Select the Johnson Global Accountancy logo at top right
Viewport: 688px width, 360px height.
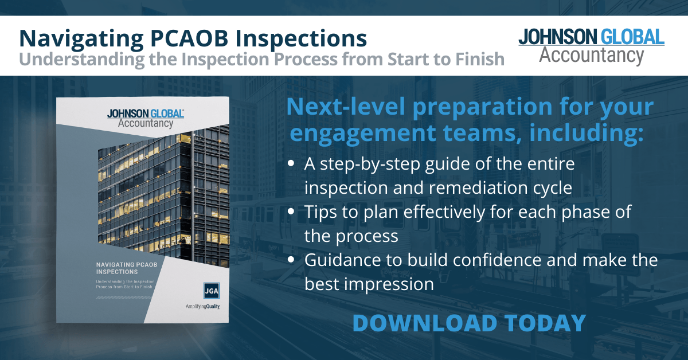pyautogui.click(x=591, y=45)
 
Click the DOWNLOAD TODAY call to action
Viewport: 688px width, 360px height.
pyautogui.click(x=468, y=323)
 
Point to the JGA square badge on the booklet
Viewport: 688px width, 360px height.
pyautogui.click(x=212, y=289)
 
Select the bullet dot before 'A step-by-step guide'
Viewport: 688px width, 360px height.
pyautogui.click(x=291, y=164)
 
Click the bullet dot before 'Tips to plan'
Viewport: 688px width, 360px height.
pyautogui.click(x=291, y=212)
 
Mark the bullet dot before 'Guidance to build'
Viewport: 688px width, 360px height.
pyautogui.click(x=291, y=260)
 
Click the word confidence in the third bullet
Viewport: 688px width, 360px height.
pyautogui.click(x=462, y=260)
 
